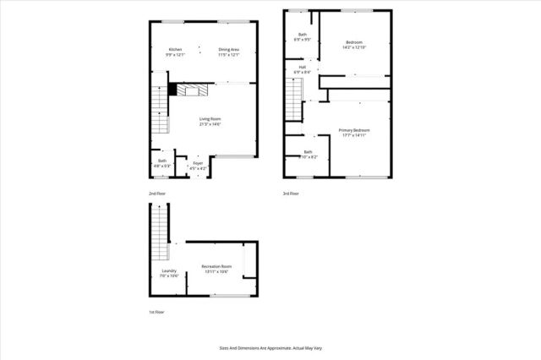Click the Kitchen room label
tap(175, 50)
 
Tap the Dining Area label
tap(229, 50)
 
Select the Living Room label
tap(210, 118)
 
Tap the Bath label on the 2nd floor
tap(162, 161)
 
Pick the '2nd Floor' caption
tap(158, 194)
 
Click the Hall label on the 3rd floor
tap(302, 67)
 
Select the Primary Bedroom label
tap(355, 129)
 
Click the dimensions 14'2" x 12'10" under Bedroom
tap(354, 47)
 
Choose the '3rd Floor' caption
tap(291, 194)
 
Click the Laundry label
tap(168, 270)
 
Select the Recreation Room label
tap(216, 266)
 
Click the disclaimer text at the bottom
tap(270, 347)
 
